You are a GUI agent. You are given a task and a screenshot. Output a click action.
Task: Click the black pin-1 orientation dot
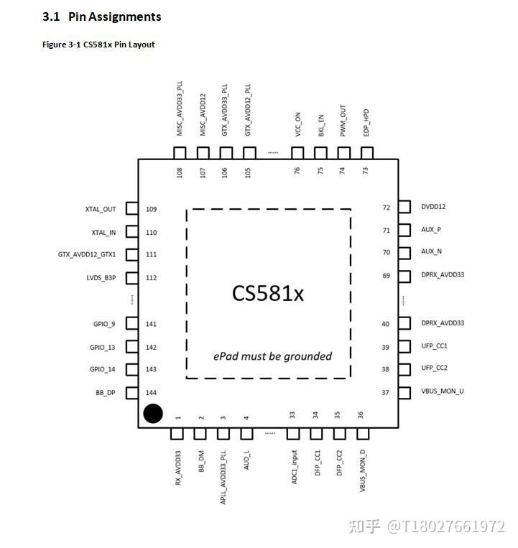152,414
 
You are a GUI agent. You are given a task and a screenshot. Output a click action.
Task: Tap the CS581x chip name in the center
268,293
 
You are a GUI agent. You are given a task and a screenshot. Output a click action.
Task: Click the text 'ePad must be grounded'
272,356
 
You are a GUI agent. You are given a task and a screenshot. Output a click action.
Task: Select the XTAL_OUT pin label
100,210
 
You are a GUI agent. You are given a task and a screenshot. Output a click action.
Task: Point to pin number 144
151,392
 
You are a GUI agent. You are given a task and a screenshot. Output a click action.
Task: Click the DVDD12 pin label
433,207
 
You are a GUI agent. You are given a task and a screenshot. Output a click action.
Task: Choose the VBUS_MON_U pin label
443,391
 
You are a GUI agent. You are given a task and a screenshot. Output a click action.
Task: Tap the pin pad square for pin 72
404,207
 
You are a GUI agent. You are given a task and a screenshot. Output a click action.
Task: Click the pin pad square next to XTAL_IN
131,232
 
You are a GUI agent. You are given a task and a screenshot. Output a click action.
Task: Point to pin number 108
180,172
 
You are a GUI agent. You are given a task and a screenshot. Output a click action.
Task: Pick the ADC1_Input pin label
293,467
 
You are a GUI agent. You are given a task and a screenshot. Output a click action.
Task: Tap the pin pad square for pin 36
362,434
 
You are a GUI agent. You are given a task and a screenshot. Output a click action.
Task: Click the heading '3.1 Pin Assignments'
101,17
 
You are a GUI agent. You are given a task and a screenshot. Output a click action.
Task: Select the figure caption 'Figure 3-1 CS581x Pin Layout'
98,45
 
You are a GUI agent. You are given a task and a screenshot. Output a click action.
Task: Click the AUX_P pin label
431,230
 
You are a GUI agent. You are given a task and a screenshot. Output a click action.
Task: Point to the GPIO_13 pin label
102,348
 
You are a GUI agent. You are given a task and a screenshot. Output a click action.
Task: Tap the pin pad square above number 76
297,153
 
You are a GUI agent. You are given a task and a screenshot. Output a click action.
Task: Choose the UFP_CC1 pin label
434,346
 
